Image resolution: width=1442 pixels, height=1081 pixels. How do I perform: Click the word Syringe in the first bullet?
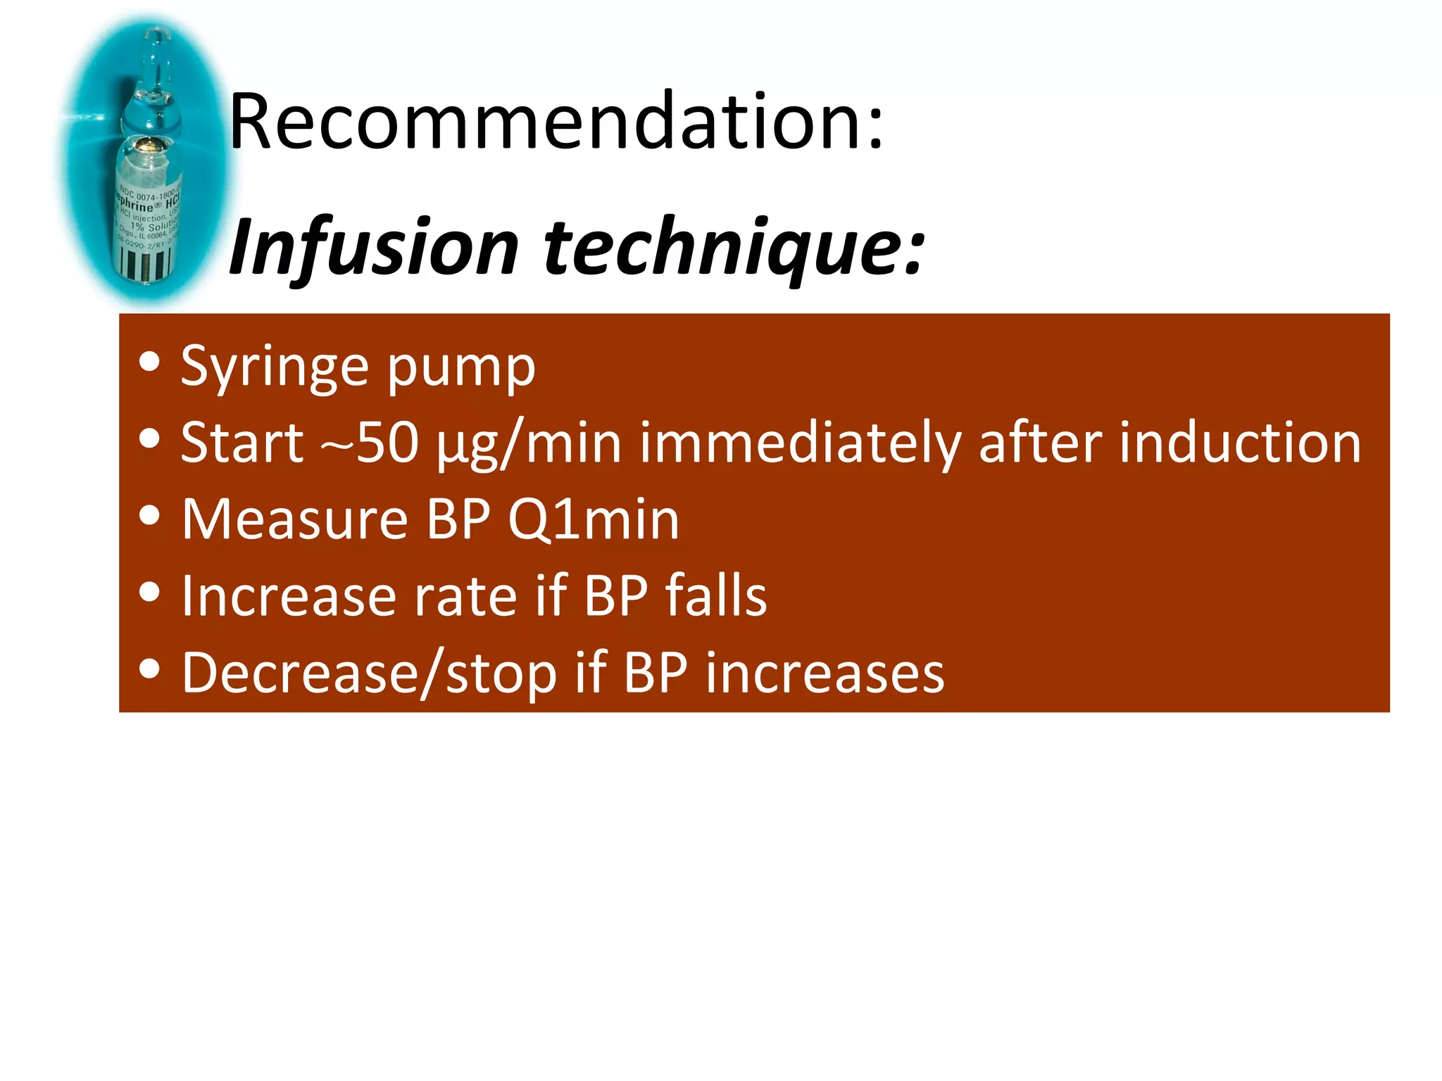pyautogui.click(x=275, y=367)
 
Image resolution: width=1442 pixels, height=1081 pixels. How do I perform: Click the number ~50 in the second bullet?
pyautogui.click(x=370, y=443)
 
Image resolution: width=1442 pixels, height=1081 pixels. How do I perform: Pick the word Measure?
pyautogui.click(x=295, y=519)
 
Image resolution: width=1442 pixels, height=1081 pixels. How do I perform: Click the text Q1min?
pyautogui.click(x=594, y=519)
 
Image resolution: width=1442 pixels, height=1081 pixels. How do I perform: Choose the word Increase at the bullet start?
pyautogui.click(x=289, y=596)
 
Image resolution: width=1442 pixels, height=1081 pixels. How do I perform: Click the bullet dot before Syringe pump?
pyautogui.click(x=149, y=362)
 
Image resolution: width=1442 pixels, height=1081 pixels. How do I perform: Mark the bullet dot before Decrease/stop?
pyautogui.click(x=149, y=669)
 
